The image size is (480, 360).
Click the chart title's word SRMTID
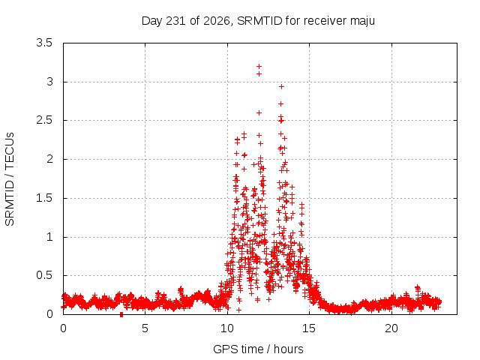click(x=259, y=21)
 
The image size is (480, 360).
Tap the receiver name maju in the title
click(x=362, y=22)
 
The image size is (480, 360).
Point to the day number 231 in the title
click(x=176, y=21)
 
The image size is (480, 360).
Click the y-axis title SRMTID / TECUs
click(x=10, y=179)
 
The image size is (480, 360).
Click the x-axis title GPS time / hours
click(x=258, y=349)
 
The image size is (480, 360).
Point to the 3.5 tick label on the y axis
click(x=44, y=43)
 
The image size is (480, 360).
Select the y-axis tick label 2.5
click(x=44, y=120)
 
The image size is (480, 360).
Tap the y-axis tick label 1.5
click(x=44, y=198)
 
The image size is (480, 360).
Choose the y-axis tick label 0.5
click(x=44, y=275)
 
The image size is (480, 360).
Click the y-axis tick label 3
click(x=49, y=82)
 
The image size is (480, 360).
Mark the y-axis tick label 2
click(x=49, y=159)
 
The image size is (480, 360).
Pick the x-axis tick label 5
click(x=145, y=328)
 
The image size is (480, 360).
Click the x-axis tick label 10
click(x=227, y=328)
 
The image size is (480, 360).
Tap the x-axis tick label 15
click(x=309, y=328)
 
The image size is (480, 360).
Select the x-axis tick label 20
click(x=391, y=328)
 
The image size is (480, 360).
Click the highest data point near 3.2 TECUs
click(x=259, y=67)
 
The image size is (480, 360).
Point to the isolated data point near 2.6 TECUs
click(x=259, y=113)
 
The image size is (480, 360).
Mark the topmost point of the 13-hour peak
click(x=281, y=87)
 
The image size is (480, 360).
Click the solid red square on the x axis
click(x=121, y=314)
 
